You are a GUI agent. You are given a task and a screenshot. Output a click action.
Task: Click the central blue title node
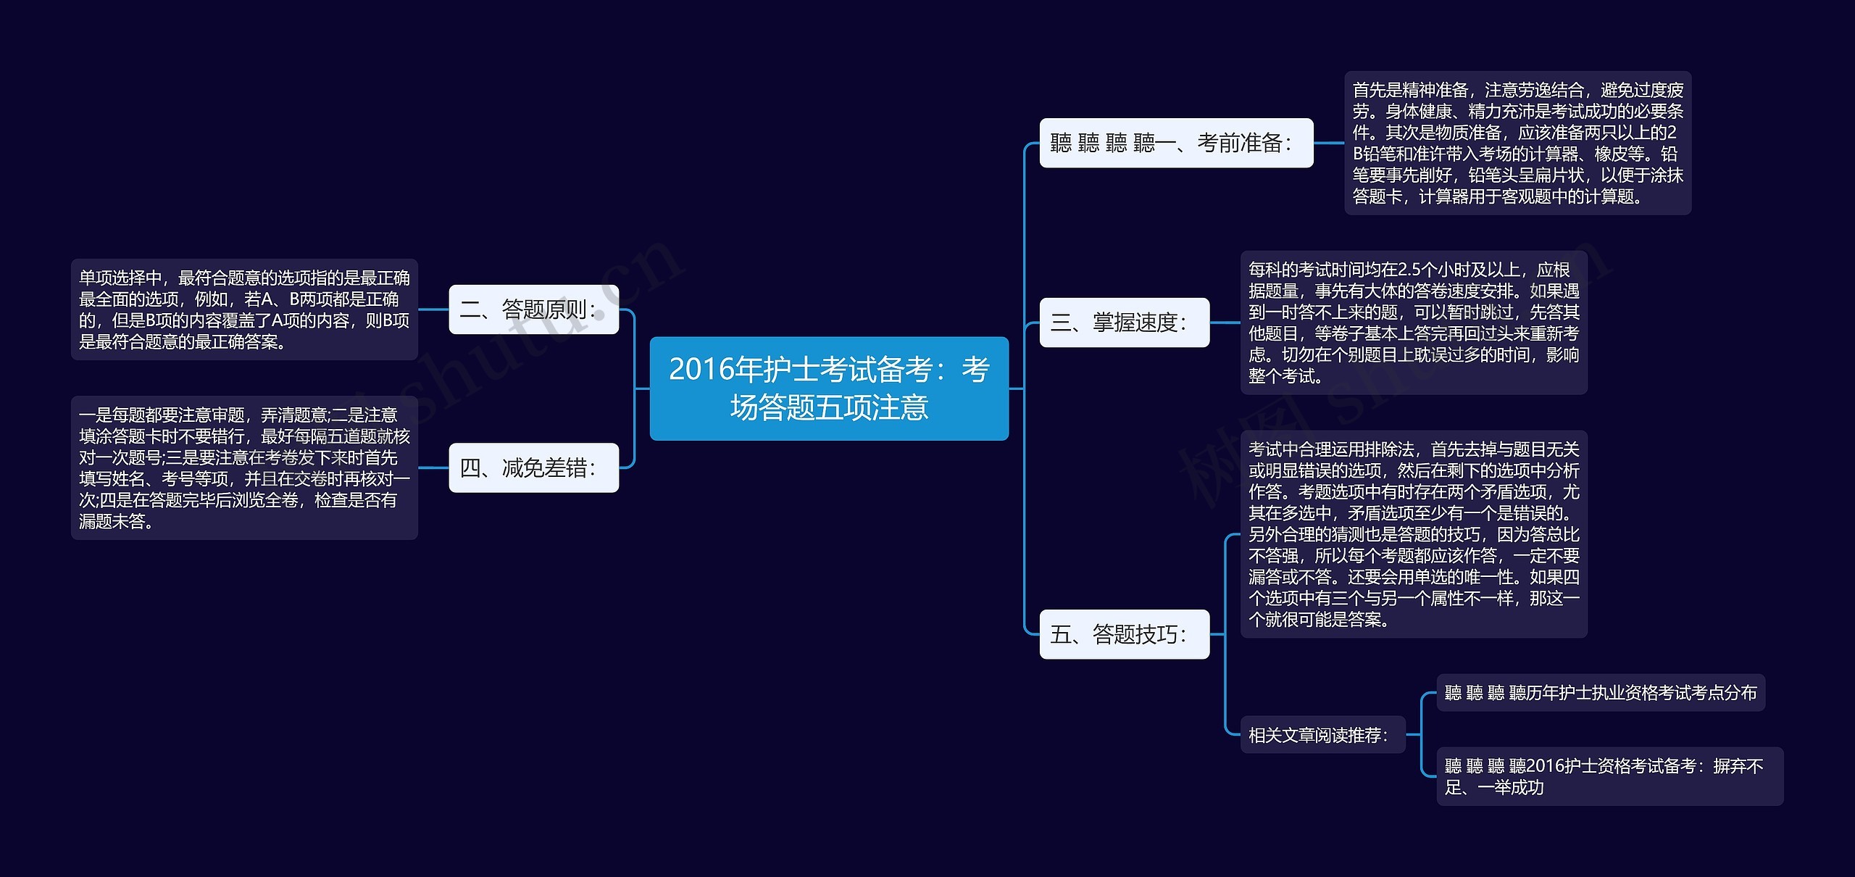pyautogui.click(x=828, y=388)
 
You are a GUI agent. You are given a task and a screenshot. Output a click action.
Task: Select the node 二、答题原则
pyautogui.click(x=533, y=309)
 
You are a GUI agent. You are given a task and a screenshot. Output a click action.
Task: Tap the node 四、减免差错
pyautogui.click(x=533, y=468)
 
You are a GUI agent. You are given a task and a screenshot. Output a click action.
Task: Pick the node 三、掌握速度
pyautogui.click(x=1124, y=323)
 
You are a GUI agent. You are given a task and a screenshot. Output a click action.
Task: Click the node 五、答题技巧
pyautogui.click(x=1124, y=634)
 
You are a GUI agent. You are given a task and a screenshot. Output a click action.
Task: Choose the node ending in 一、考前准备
pyautogui.click(x=1175, y=143)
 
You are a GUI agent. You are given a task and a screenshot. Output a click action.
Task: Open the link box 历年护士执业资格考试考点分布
pyautogui.click(x=1600, y=693)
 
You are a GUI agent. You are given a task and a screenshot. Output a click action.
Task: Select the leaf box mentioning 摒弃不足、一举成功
pyautogui.click(x=1609, y=776)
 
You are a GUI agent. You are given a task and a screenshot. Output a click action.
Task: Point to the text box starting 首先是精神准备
pyautogui.click(x=1517, y=143)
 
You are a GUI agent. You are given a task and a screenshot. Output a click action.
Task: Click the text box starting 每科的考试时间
pyautogui.click(x=1413, y=323)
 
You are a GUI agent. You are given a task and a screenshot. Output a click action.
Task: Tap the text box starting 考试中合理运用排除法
pyautogui.click(x=1413, y=534)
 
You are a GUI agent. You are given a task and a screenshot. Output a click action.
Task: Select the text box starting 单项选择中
pyautogui.click(x=244, y=309)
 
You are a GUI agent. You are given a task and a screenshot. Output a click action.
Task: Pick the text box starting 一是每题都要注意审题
pyautogui.click(x=244, y=468)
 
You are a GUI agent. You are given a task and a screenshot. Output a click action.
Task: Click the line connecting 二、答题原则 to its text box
pyautogui.click(x=433, y=309)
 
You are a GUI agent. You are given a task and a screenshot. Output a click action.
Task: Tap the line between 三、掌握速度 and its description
pyautogui.click(x=1225, y=323)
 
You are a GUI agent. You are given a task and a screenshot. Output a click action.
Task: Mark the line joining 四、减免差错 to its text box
pyautogui.click(x=433, y=468)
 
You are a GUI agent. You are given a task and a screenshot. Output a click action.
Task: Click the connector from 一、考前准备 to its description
pyautogui.click(x=1328, y=143)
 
